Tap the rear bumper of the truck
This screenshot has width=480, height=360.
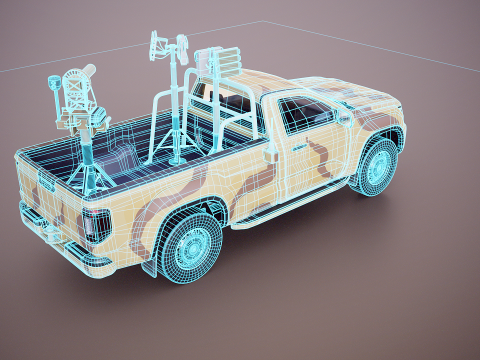[50, 240]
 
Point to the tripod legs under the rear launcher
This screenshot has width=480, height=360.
[88, 165]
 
